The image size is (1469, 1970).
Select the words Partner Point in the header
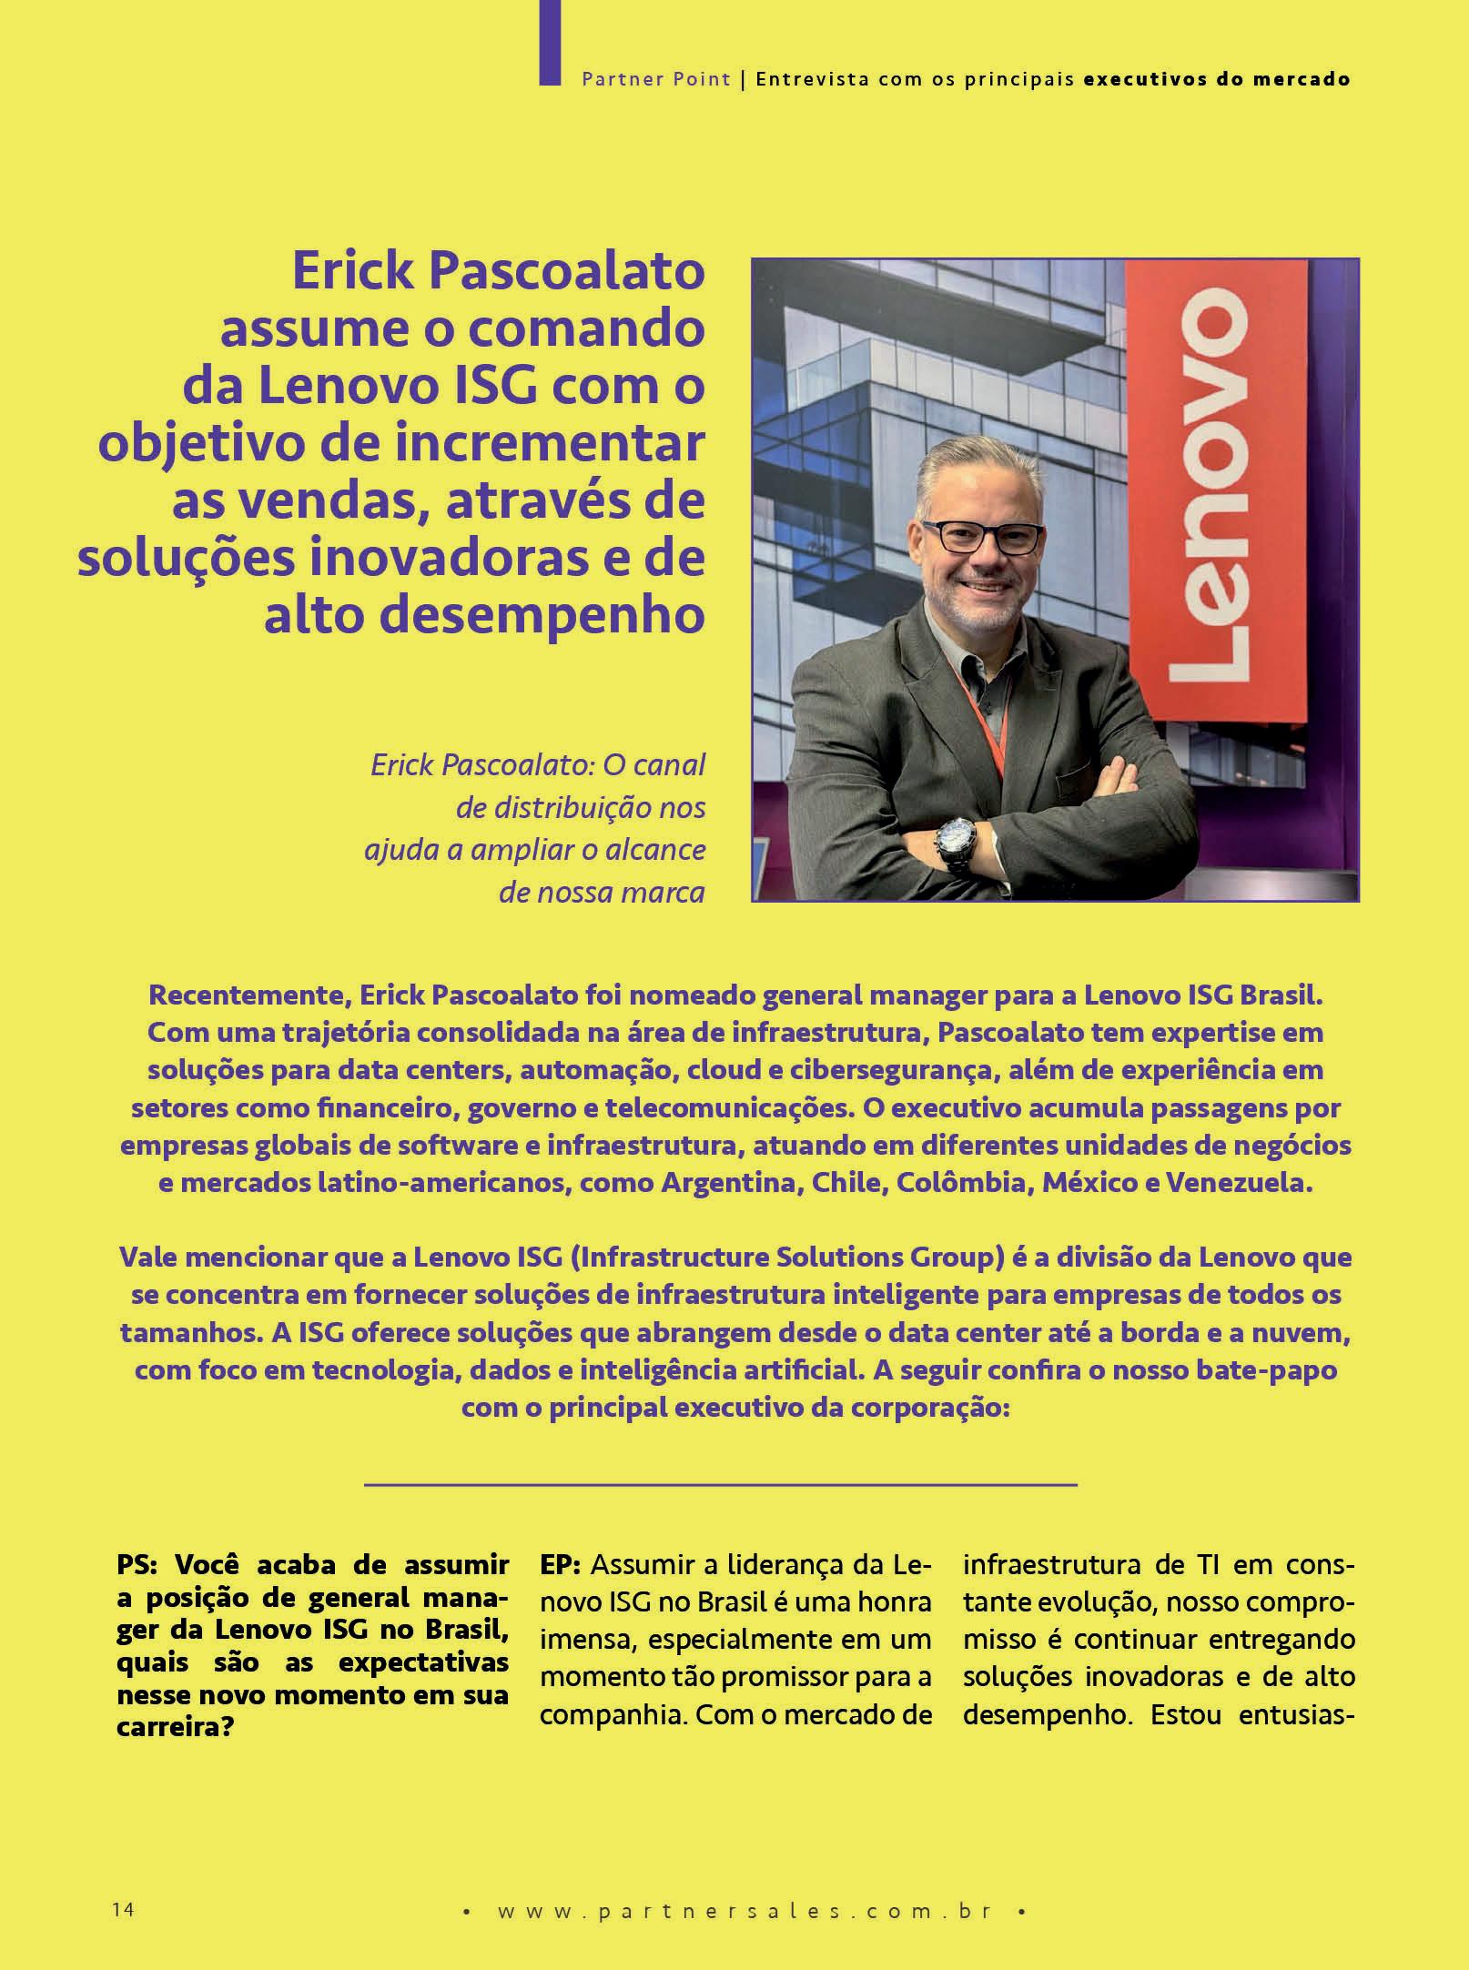656,79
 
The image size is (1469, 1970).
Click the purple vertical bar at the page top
550,42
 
